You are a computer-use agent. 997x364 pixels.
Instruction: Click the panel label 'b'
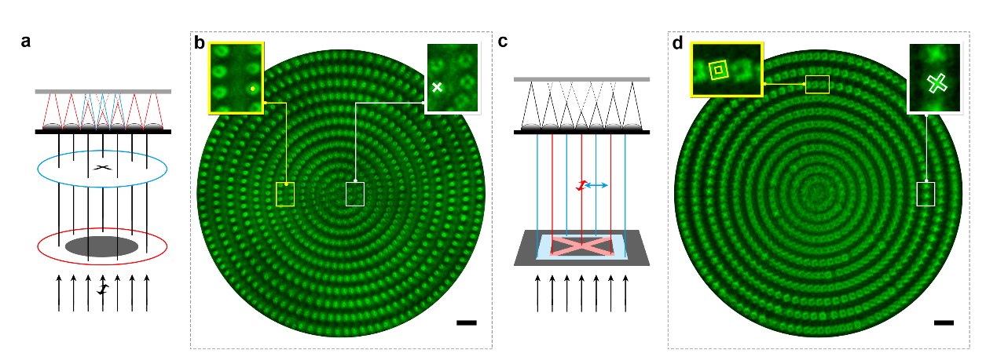pos(200,43)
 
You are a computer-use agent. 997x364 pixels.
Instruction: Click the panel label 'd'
pos(678,43)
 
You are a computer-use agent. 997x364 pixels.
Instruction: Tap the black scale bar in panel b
pos(466,322)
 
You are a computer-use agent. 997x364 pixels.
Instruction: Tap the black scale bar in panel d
pos(944,322)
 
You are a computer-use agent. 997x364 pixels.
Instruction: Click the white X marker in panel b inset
pos(437,87)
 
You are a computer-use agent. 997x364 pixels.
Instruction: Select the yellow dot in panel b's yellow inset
pos(251,89)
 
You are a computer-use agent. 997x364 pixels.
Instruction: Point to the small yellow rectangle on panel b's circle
pos(285,194)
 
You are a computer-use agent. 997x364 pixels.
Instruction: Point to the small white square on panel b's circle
pos(355,194)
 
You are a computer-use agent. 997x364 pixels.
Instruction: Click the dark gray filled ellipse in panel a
pos(101,246)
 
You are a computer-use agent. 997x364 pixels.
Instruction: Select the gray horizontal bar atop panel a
pos(102,92)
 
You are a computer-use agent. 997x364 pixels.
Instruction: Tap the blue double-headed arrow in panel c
pos(596,185)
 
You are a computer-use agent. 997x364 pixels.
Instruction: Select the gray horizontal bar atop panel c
pos(581,79)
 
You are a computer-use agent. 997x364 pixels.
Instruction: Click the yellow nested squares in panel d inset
pos(717,71)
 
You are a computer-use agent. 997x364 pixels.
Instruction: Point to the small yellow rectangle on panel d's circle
pos(817,84)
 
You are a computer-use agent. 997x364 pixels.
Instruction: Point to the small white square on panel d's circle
pos(926,194)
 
